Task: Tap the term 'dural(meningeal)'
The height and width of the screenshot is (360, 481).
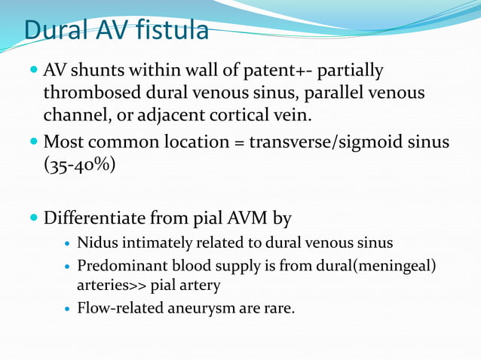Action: tap(373, 267)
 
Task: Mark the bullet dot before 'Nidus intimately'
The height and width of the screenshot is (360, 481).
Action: tap(69, 245)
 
